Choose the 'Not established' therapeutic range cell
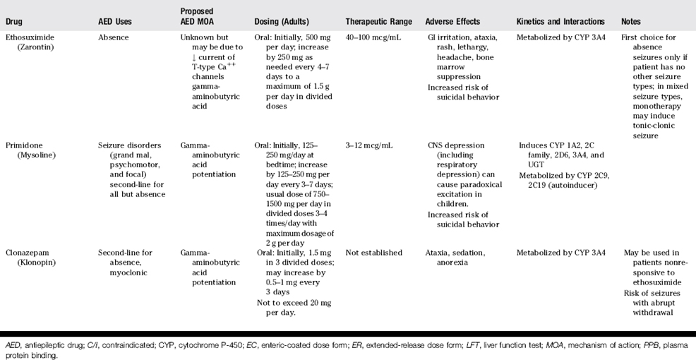[x=374, y=252]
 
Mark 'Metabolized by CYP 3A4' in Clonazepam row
[x=562, y=252]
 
